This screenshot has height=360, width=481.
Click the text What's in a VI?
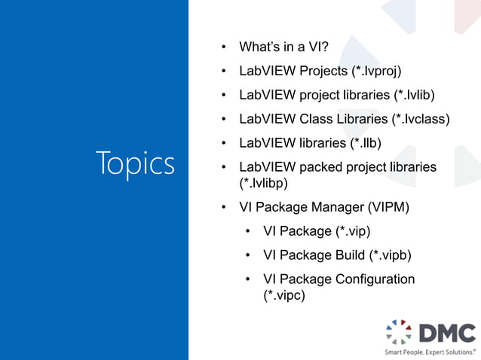point(283,47)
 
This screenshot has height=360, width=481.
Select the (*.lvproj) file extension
point(375,72)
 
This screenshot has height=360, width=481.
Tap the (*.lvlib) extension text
point(414,96)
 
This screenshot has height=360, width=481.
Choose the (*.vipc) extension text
point(283,295)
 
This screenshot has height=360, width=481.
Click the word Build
point(351,255)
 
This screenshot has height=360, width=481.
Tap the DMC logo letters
point(447,332)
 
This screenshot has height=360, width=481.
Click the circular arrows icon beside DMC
point(400,332)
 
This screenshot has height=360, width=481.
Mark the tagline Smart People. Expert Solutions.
point(430,352)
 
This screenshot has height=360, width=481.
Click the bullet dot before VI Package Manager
point(224,206)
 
